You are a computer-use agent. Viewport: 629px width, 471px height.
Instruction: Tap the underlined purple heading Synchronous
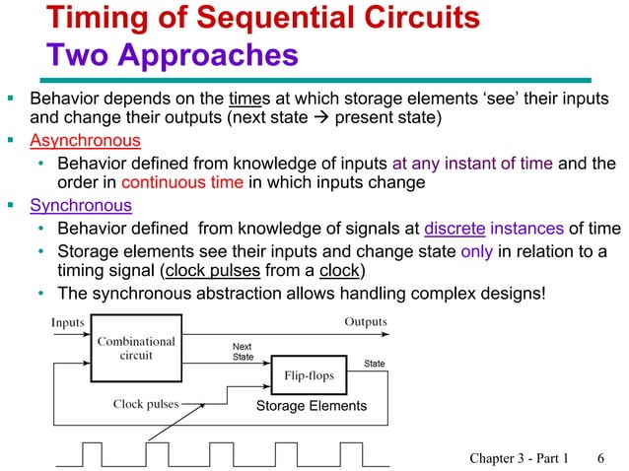point(81,206)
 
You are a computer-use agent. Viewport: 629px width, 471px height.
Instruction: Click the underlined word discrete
point(454,229)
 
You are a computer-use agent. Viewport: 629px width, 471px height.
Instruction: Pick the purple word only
point(477,250)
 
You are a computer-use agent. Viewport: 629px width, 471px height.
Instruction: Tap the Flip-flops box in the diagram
point(309,375)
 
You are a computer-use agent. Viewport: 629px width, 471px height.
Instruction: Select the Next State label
point(243,352)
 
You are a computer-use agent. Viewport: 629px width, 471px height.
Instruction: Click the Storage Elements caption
point(311,406)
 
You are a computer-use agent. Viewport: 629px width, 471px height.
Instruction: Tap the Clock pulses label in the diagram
point(146,404)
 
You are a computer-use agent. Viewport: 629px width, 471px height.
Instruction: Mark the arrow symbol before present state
point(321,119)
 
